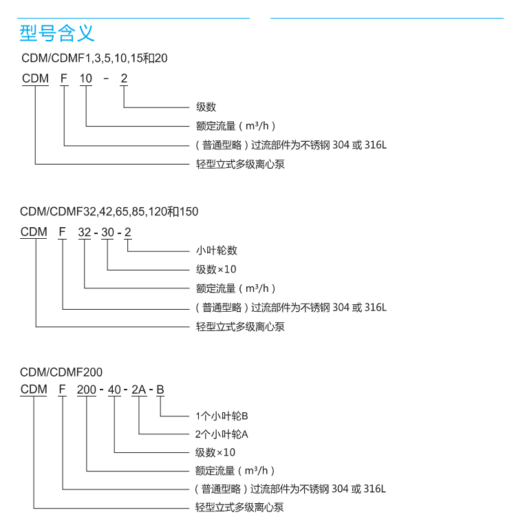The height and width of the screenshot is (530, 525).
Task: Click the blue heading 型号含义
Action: [x=57, y=32]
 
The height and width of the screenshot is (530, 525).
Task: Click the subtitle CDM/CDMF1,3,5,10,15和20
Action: [x=94, y=59]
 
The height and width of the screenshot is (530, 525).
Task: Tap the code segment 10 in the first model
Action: [x=86, y=78]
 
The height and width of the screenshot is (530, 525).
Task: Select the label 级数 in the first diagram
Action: [x=206, y=107]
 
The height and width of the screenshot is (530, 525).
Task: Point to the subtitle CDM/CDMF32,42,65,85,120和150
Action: [x=109, y=212]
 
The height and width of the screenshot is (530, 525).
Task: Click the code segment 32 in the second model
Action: [x=85, y=233]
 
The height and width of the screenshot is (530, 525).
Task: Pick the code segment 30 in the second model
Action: [x=108, y=233]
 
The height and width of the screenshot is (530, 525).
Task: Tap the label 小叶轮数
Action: [x=217, y=251]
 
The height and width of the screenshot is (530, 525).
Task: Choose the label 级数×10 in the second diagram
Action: [x=216, y=269]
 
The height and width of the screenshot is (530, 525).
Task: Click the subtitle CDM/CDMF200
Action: [x=61, y=372]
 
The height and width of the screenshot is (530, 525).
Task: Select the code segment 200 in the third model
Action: [x=87, y=390]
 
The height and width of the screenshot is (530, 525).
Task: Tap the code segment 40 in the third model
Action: [x=114, y=390]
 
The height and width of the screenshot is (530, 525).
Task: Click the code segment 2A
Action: [x=139, y=390]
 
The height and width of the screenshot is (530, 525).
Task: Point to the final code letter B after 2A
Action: [x=160, y=390]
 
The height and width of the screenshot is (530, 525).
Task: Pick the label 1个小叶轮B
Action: [x=222, y=416]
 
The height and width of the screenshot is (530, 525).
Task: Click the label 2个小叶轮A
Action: [x=222, y=434]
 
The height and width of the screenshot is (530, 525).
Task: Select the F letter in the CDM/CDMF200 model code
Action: [x=62, y=390]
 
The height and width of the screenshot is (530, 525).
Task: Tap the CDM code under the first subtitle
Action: [x=35, y=78]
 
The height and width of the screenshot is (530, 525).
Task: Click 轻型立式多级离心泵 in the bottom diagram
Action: [x=239, y=507]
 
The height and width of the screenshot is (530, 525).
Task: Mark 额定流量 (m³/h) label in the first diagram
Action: [x=236, y=126]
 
